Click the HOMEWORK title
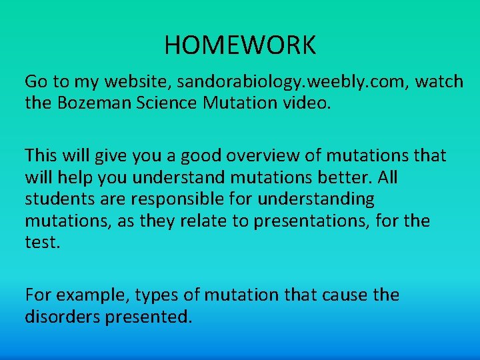240,45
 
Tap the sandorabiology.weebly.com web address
287,82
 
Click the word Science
161,103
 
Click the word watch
438,82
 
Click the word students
58,199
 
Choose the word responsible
176,199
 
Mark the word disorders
62,317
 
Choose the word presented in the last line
148,317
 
